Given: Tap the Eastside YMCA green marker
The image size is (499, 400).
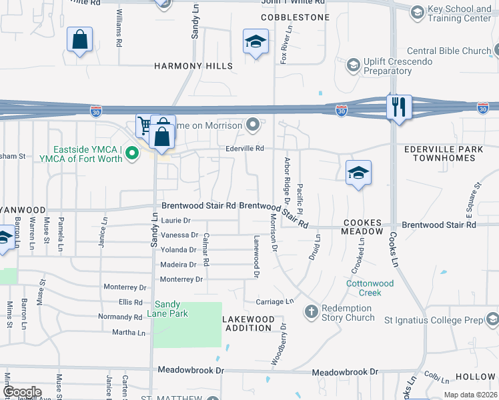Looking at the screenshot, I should pos(132,154).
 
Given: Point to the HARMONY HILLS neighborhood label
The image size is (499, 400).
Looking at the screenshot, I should pos(193,66).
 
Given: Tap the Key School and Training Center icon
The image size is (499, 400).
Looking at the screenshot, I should pos(417,12).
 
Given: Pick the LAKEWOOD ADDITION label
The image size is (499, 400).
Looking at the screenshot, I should pos(249,323).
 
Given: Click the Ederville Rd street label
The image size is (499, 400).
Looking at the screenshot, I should pos(245,148).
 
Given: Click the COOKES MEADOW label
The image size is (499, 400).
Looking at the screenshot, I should pos(362,227).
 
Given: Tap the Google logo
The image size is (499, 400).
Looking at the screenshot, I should pos(21,393).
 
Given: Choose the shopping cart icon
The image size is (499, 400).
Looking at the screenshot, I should pos(144,125).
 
